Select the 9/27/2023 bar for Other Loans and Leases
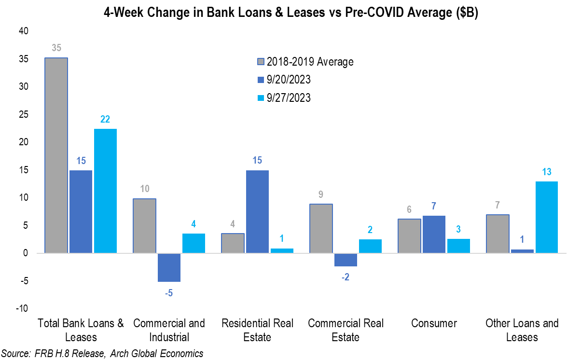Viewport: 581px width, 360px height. click(x=548, y=217)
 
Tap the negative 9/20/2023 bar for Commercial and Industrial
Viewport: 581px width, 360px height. click(x=169, y=267)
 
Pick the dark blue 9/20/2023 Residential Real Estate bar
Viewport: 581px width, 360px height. click(x=257, y=212)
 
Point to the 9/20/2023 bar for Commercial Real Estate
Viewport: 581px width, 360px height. click(x=346, y=260)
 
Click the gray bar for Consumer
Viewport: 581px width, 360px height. click(x=409, y=236)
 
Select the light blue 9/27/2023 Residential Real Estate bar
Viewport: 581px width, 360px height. click(x=282, y=250)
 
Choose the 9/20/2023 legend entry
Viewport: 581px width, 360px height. click(x=289, y=80)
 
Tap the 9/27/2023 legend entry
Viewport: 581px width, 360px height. click(x=289, y=97)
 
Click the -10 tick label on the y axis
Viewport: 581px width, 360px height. click(x=22, y=309)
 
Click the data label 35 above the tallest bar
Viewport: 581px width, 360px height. click(x=56, y=48)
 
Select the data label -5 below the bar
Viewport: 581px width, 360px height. click(x=169, y=292)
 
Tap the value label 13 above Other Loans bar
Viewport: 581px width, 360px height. click(x=547, y=172)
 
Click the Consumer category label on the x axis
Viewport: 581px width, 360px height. click(x=434, y=323)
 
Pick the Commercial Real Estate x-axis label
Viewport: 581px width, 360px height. click(x=346, y=330)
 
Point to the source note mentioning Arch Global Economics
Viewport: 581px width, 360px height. click(x=102, y=353)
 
